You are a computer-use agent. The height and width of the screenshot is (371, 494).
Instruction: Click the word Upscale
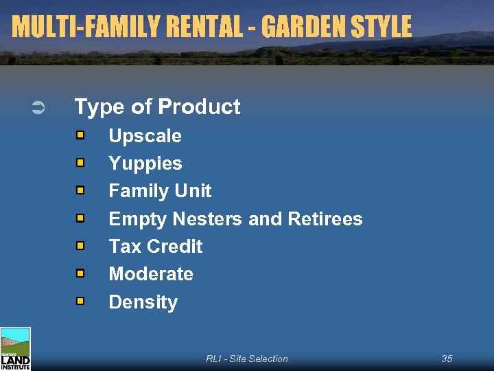pyautogui.click(x=145, y=136)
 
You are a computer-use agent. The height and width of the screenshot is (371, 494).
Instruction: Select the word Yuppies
pyautogui.click(x=145, y=164)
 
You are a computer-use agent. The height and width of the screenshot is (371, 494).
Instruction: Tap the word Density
pyautogui.click(x=143, y=302)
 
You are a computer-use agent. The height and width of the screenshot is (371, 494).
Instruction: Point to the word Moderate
pyautogui.click(x=151, y=274)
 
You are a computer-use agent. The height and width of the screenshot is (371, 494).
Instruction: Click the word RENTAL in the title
pyautogui.click(x=201, y=27)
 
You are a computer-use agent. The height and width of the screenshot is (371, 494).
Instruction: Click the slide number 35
pyautogui.click(x=447, y=359)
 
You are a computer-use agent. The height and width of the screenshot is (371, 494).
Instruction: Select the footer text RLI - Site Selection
pyautogui.click(x=247, y=359)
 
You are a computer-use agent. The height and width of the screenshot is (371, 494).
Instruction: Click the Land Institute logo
pyautogui.click(x=15, y=349)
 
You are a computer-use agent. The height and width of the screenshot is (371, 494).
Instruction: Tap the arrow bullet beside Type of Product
pyautogui.click(x=38, y=107)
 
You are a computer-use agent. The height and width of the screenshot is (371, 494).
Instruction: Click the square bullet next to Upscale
pyautogui.click(x=80, y=135)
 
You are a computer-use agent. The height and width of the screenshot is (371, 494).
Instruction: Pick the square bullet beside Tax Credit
pyautogui.click(x=80, y=245)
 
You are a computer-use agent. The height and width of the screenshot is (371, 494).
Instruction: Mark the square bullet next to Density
pyautogui.click(x=80, y=301)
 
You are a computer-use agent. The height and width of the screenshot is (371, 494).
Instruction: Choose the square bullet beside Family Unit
pyautogui.click(x=80, y=190)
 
